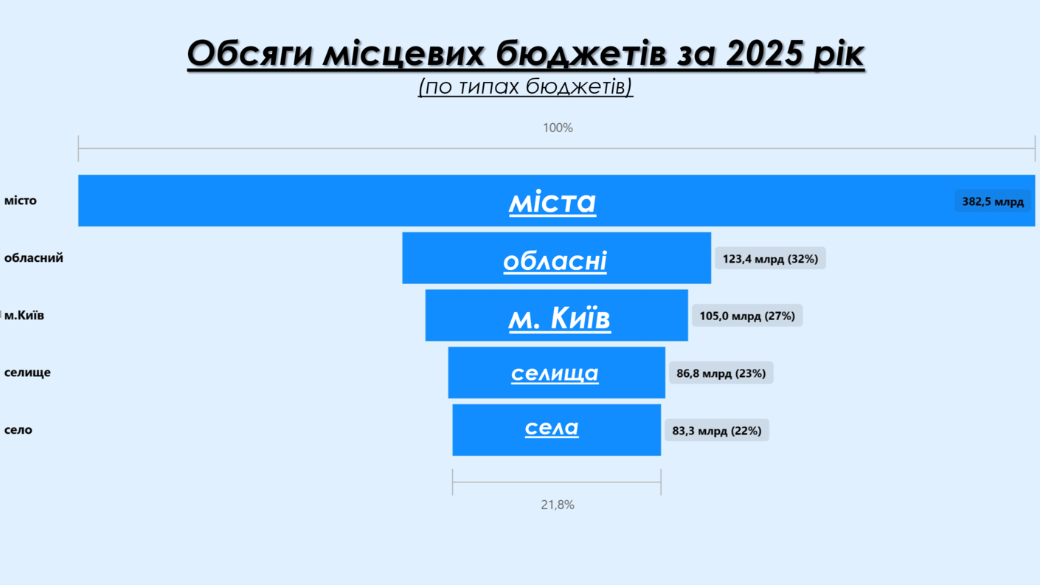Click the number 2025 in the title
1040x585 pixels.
[764, 53]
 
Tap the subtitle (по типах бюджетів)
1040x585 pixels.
[526, 86]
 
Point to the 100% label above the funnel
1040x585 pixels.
[558, 128]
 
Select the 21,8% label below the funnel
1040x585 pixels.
[557, 505]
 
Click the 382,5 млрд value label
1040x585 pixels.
[993, 201]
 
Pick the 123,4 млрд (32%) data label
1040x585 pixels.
[770, 259]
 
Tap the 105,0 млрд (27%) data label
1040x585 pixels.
[747, 316]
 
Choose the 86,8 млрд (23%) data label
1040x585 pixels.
[721, 373]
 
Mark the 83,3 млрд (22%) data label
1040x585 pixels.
[717, 431]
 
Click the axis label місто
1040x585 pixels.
[21, 201]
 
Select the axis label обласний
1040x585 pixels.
[33, 257]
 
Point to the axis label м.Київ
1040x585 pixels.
[24, 315]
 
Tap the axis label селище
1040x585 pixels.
[27, 373]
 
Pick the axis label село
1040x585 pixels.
[18, 430]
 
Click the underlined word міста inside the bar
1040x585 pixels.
[552, 202]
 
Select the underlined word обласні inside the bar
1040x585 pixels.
[555, 260]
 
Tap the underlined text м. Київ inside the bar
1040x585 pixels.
[560, 318]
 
